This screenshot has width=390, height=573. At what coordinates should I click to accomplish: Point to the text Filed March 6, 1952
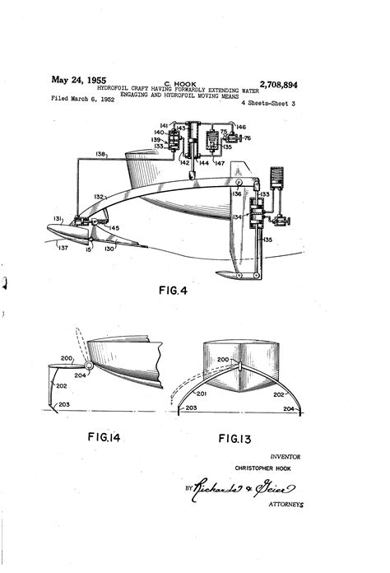coord(82,98)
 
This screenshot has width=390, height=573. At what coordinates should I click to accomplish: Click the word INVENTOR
coord(286,455)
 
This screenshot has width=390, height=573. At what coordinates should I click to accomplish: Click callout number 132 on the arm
coord(99,198)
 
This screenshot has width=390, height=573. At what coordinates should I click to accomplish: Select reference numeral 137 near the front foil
coord(63,245)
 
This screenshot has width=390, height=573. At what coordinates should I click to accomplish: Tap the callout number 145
coord(114,228)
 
